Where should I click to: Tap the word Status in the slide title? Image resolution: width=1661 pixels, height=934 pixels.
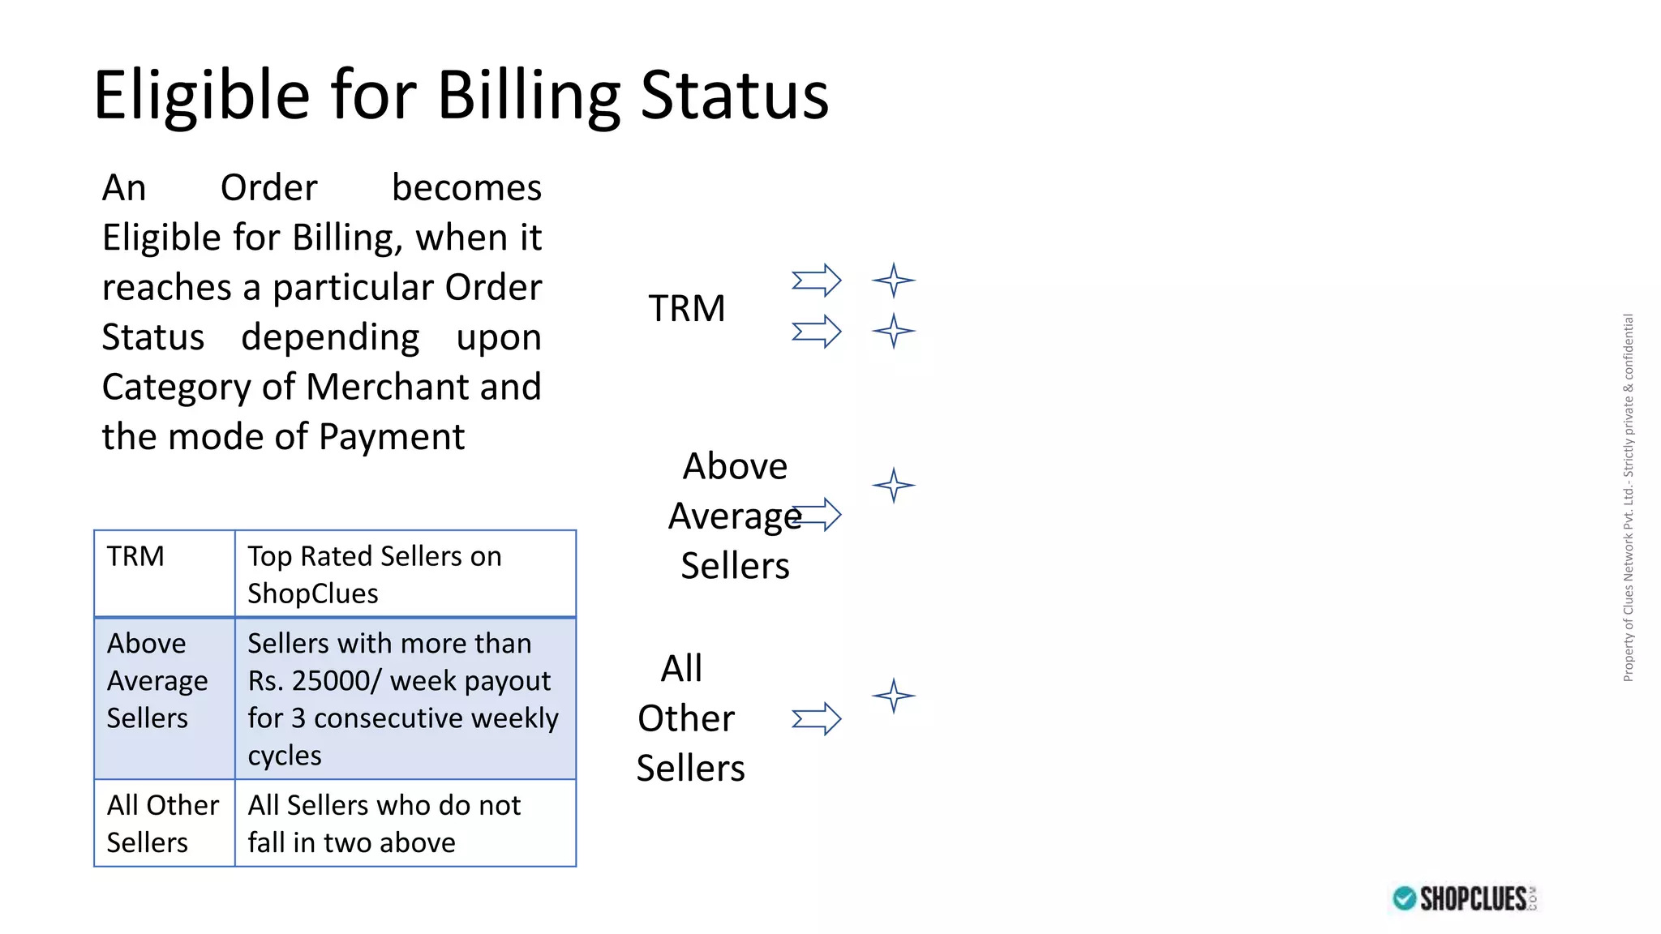click(x=735, y=96)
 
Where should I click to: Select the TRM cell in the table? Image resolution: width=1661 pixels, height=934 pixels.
click(x=164, y=573)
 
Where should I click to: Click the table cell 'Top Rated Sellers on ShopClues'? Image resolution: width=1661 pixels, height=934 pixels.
click(x=405, y=574)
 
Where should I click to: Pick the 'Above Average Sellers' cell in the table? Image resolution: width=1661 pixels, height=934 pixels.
click(x=164, y=697)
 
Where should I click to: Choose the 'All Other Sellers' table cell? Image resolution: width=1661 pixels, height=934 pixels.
click(x=164, y=823)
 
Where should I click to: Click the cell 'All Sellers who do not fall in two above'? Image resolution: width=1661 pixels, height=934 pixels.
click(x=405, y=823)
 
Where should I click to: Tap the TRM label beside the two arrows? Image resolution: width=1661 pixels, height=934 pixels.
click(x=686, y=308)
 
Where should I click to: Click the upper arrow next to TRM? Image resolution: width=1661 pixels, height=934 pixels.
click(x=817, y=281)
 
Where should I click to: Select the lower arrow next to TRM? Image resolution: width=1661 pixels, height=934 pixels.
click(x=817, y=331)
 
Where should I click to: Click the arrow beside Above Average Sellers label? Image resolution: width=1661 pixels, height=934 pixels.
click(x=819, y=514)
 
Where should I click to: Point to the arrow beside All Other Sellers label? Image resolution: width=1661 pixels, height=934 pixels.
click(x=817, y=718)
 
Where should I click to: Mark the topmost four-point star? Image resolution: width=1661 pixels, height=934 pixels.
click(x=894, y=281)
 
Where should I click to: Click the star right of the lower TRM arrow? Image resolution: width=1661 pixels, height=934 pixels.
click(x=894, y=331)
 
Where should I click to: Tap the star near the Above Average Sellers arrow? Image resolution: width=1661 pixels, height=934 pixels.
click(x=894, y=485)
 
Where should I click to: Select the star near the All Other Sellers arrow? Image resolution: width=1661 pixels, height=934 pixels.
click(x=894, y=696)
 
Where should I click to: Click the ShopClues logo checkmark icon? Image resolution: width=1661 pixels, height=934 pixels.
click(x=1404, y=898)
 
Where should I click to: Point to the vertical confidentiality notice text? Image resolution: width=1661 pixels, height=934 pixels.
click(x=1628, y=497)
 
